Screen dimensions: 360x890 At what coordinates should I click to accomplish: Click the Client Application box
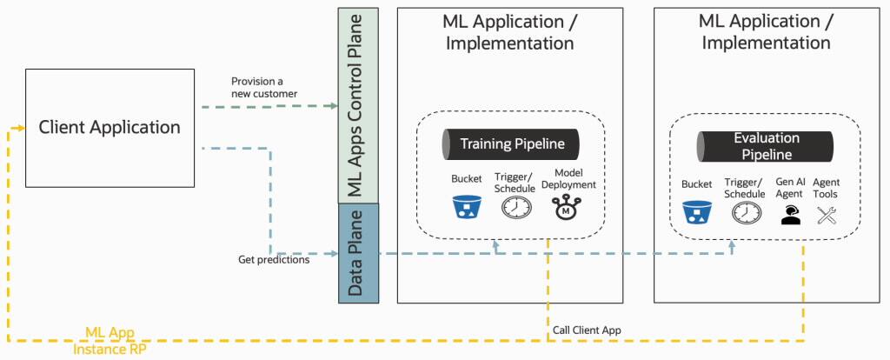click(x=110, y=128)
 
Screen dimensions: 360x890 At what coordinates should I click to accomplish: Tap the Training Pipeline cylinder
click(x=511, y=144)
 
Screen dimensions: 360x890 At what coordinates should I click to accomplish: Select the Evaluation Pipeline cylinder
click(x=766, y=146)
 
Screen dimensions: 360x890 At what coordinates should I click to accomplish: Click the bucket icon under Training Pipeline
click(x=467, y=207)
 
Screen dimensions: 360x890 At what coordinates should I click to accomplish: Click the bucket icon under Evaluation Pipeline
click(x=696, y=212)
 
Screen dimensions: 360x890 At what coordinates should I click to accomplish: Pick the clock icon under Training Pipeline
click(x=515, y=208)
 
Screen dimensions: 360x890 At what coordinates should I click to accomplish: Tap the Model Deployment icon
click(x=567, y=208)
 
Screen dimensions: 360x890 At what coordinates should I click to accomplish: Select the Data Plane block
click(x=357, y=253)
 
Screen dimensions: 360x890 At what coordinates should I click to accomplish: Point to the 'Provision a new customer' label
click(x=264, y=87)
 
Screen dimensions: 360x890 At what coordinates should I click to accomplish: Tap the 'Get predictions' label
click(x=274, y=259)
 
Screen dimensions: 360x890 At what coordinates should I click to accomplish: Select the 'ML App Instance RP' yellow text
click(x=110, y=340)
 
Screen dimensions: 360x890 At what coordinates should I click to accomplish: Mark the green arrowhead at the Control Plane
click(x=334, y=106)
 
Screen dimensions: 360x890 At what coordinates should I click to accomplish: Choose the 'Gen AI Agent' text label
click(x=790, y=189)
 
